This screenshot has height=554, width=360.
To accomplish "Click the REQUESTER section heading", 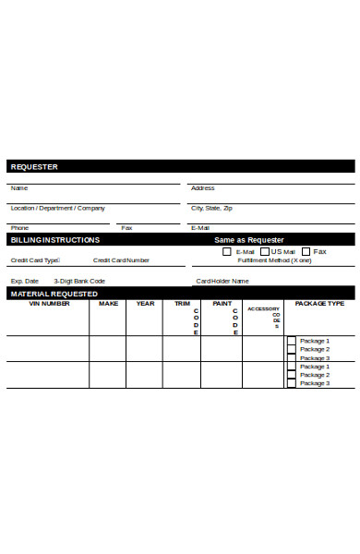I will pos(33,167).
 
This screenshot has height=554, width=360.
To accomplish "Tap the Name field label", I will pos(18,187).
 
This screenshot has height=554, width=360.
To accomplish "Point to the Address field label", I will pos(202,187).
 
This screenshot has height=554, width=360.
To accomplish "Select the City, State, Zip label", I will pos(211,208).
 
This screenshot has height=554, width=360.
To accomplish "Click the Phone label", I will pos(19,227).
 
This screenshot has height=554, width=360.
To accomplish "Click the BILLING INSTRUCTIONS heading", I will pos(54,239).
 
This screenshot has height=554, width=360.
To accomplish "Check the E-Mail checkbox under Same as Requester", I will pos(227,251).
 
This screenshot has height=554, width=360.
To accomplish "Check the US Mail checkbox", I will pos(265,251).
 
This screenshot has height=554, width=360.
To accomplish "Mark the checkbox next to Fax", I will pos(306,251).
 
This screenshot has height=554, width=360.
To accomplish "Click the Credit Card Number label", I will pos(122,260).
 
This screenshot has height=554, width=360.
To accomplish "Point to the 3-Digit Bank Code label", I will pos(79,281).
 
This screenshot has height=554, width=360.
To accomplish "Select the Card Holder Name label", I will pos(222,281).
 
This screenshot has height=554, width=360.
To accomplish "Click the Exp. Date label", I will pos(25,281).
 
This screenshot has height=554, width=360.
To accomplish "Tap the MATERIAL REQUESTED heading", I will pos(54,293).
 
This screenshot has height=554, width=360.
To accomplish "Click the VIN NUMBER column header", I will pos(49,303).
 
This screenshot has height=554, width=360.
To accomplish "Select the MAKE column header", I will pos(109,303).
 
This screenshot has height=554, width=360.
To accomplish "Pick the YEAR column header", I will pos(146,303).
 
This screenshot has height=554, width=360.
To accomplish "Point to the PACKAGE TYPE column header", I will pos(319,303).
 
